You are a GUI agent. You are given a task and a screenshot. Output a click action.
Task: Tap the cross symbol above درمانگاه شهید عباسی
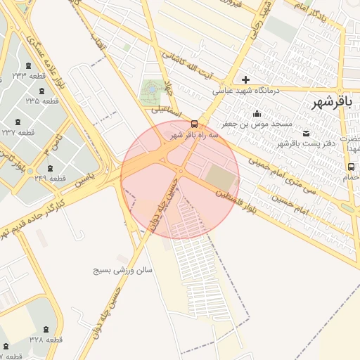pyautogui.click(x=245, y=79)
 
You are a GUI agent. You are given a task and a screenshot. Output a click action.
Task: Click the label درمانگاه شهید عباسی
pyautogui.click(x=246, y=91)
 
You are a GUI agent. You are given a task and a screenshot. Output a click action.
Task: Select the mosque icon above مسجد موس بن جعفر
pyautogui.click(x=257, y=113)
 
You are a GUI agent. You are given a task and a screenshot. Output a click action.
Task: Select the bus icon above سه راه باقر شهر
pyautogui.click(x=195, y=124)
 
